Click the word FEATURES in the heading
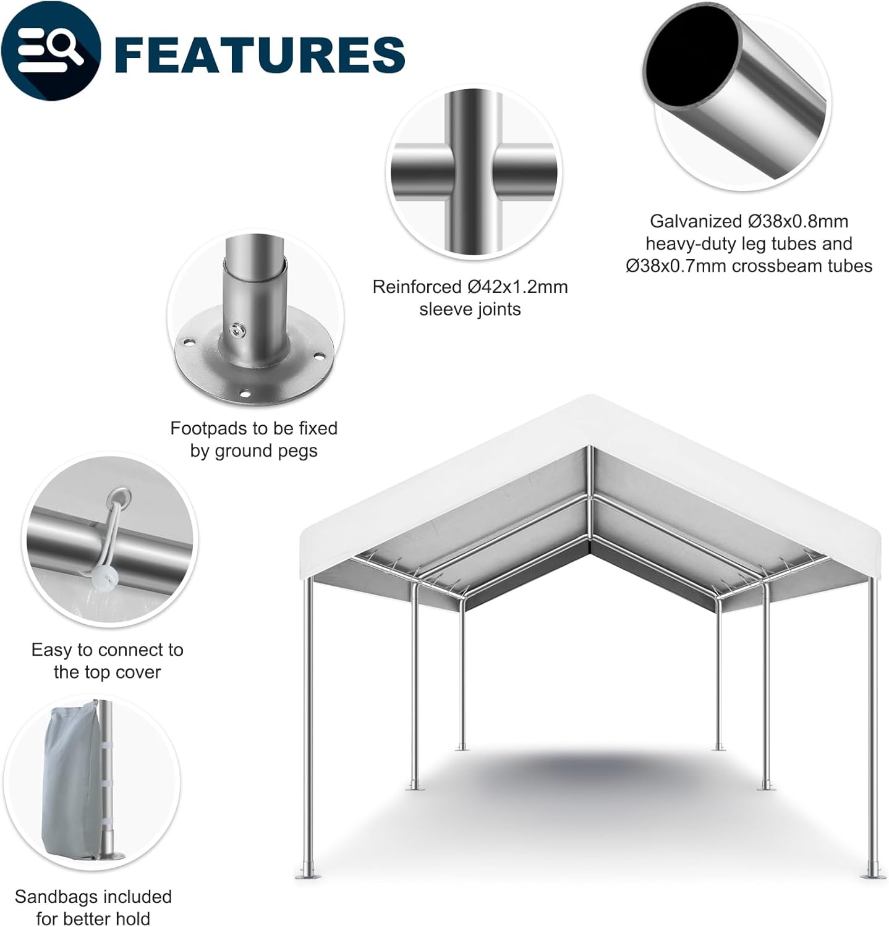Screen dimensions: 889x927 coord(260,54)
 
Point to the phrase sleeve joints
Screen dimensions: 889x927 coord(470,310)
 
